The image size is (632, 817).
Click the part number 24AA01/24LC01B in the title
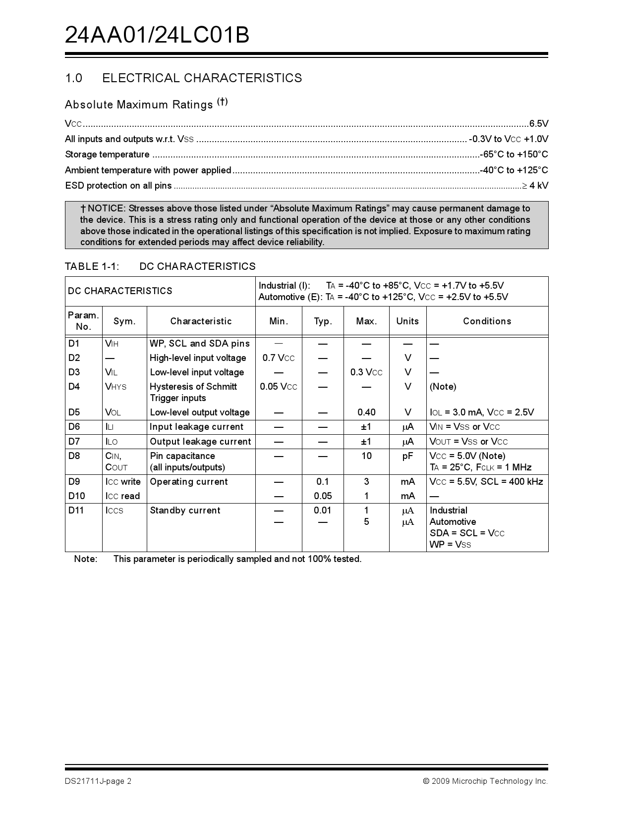pos(157,35)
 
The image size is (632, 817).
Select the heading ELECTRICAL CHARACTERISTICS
pos(202,78)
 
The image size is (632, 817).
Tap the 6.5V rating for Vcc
pos(538,124)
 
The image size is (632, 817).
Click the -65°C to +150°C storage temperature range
pos(514,154)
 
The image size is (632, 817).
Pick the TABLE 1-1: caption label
pos(92,266)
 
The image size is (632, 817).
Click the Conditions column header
pos(487,321)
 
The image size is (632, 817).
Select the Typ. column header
pos(323,321)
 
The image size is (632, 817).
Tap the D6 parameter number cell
pos(74,427)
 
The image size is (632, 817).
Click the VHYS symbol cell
pos(115,387)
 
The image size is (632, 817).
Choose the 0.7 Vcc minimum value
pos(278,358)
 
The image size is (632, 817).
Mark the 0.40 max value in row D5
pos(366,412)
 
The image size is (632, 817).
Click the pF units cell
pos(407,456)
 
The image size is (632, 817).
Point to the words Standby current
pos(185,511)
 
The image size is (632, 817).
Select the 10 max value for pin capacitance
pos(366,456)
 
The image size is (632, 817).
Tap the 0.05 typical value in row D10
pos(323,496)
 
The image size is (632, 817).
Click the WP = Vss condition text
pos(450,545)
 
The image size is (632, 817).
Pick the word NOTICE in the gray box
pos(107,208)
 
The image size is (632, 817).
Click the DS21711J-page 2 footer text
pos(98,781)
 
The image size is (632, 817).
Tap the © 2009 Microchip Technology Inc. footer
pos(485,781)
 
